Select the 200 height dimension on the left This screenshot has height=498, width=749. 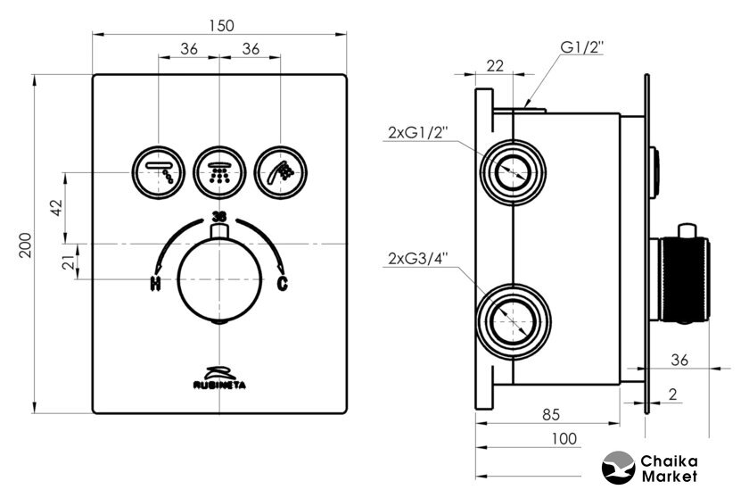point(26,243)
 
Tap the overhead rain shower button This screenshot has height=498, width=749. point(158,169)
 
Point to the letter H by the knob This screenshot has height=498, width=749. point(156,286)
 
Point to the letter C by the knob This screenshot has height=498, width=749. point(283,285)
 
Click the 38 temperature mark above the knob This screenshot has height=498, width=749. point(219,216)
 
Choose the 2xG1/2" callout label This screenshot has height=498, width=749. point(417,133)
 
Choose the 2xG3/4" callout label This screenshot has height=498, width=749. point(417,259)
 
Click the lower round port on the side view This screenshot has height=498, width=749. point(512,316)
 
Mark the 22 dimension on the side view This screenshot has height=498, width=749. point(496,64)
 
